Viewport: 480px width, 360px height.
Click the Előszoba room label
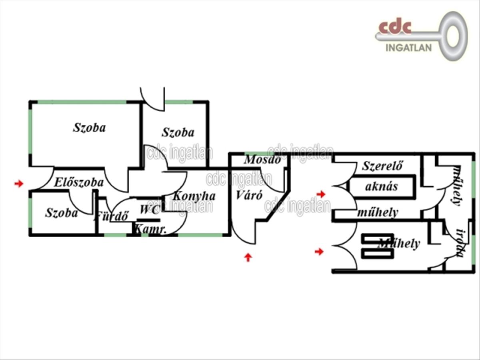[79, 182]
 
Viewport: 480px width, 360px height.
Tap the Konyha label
[194, 196]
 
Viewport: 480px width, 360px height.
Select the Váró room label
[249, 195]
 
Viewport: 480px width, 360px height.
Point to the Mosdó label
[263, 159]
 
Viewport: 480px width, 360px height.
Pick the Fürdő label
[112, 217]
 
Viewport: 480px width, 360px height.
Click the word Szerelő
[382, 166]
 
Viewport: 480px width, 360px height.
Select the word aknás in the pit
[381, 186]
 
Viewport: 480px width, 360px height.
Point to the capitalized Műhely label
[399, 243]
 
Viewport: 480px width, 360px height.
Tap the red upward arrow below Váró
[248, 257]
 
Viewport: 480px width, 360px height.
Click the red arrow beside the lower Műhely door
[319, 252]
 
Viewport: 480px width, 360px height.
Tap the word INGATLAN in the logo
[408, 48]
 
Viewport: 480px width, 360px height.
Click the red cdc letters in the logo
[395, 28]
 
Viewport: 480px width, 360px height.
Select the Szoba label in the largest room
[89, 128]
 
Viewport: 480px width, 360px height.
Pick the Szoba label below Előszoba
[61, 212]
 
